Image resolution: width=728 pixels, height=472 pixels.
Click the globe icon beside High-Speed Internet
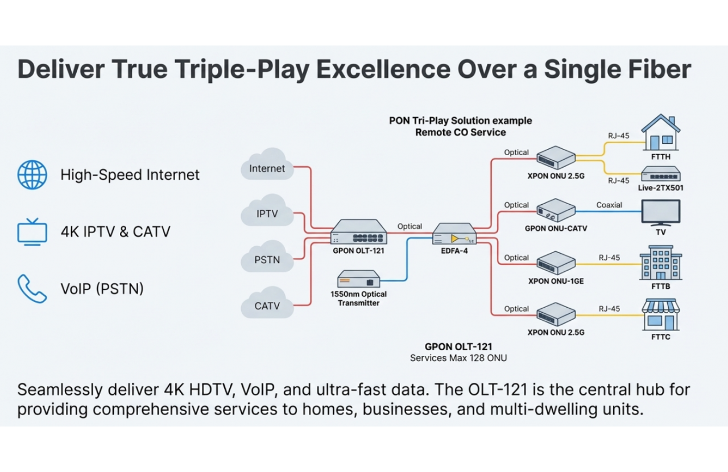click(x=32, y=175)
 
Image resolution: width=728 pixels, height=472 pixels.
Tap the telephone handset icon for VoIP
click(x=32, y=289)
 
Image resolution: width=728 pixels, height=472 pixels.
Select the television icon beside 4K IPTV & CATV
click(x=32, y=232)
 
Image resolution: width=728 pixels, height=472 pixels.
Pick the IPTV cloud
click(x=267, y=214)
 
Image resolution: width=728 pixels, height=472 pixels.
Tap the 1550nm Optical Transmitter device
click(x=358, y=279)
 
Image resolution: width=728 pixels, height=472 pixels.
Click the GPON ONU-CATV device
click(x=556, y=211)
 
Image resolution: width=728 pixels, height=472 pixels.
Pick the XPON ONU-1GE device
click(x=556, y=263)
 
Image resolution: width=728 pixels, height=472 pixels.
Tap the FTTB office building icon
click(x=660, y=263)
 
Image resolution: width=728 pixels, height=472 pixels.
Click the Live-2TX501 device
click(x=660, y=174)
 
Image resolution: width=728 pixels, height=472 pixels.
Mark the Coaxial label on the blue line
click(x=609, y=205)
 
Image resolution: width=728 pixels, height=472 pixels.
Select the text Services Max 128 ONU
click(x=458, y=358)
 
